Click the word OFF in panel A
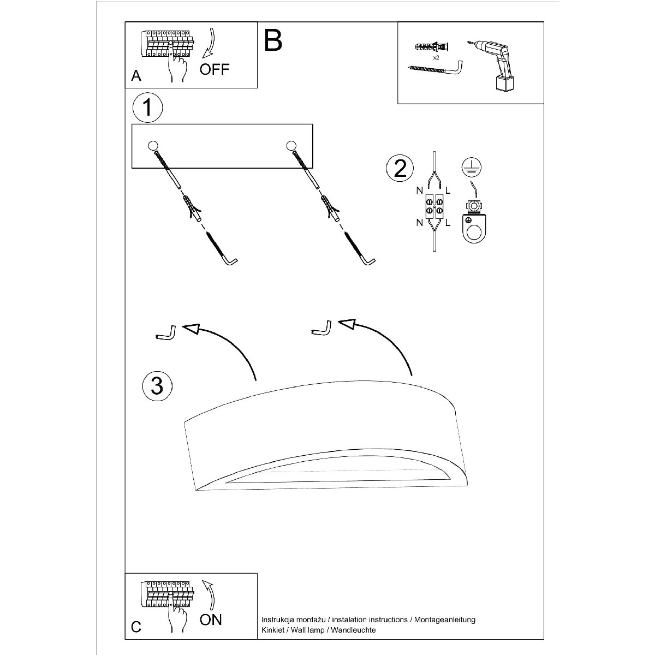[215, 69]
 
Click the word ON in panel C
[211, 620]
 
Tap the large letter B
[273, 40]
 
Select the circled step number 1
[147, 108]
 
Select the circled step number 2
[400, 168]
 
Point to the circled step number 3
[157, 385]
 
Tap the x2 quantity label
[436, 57]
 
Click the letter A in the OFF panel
[136, 76]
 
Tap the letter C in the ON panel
[136, 627]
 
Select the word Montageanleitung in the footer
[444, 620]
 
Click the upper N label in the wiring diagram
[419, 191]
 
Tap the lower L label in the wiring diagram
[448, 222]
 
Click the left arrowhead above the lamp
[191, 328]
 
